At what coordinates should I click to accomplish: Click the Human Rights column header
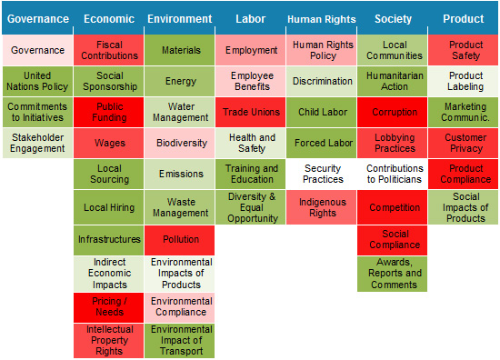point(322,19)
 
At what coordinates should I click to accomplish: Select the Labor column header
point(250,19)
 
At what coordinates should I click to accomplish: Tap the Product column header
point(463,19)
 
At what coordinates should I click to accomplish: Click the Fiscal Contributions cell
point(109,50)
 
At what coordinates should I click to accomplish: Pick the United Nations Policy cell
point(37,81)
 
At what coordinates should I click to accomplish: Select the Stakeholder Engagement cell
point(37,143)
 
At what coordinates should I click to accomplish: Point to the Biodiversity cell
point(180,143)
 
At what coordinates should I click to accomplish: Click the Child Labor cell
point(322,113)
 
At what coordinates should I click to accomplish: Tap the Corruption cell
point(393,113)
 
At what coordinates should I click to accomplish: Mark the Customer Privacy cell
point(465,143)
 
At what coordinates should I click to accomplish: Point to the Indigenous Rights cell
point(322,207)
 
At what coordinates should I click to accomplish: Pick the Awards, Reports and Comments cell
point(393,273)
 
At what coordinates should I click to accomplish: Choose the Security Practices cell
point(322,174)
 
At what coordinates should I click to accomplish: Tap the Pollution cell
point(180,240)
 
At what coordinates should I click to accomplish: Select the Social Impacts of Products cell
point(465,207)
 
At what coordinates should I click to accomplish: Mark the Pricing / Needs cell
point(109,306)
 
